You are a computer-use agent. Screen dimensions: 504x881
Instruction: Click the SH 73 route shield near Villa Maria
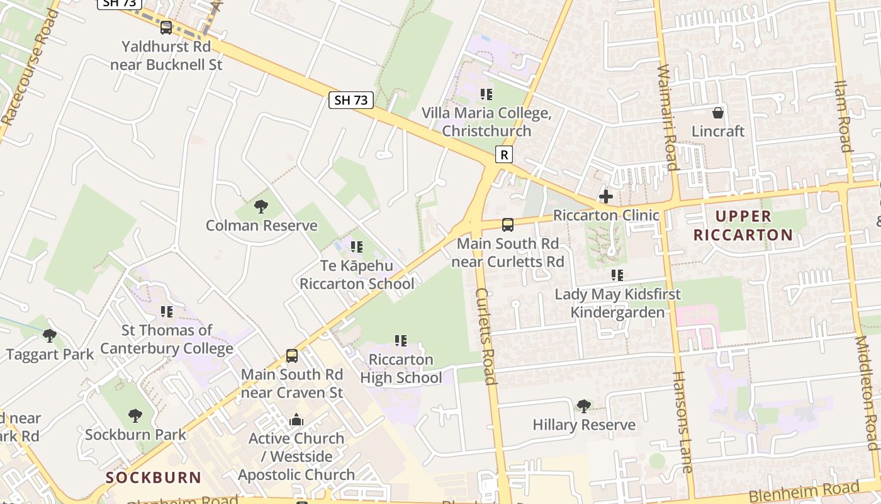click(351, 100)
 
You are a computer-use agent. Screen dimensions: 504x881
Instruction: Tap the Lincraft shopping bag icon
click(717, 113)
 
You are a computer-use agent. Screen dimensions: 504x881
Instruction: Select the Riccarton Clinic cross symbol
click(606, 197)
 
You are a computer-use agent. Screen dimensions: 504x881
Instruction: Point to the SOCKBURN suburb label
click(154, 478)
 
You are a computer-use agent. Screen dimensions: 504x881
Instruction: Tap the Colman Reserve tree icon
click(261, 206)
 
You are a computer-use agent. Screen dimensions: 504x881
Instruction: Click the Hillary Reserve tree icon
click(584, 405)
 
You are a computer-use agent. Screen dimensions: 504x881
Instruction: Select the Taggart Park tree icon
click(50, 335)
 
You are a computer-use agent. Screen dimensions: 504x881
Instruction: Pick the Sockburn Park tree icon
click(135, 415)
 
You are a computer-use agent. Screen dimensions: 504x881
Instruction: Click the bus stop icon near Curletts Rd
click(507, 224)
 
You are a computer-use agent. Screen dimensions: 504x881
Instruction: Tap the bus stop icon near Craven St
click(292, 355)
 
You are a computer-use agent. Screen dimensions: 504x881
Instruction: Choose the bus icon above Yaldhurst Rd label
click(166, 27)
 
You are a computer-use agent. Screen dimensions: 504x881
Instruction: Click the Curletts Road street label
click(486, 336)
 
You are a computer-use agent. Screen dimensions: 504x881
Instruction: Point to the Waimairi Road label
click(667, 118)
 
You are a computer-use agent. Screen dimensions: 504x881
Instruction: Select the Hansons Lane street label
click(682, 422)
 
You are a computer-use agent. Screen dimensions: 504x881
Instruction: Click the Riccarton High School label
click(401, 369)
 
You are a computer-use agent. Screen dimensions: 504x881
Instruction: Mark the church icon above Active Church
click(296, 420)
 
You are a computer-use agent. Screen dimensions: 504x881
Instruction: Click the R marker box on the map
click(503, 155)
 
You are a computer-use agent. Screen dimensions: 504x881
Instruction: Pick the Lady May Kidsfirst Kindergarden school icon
click(617, 275)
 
